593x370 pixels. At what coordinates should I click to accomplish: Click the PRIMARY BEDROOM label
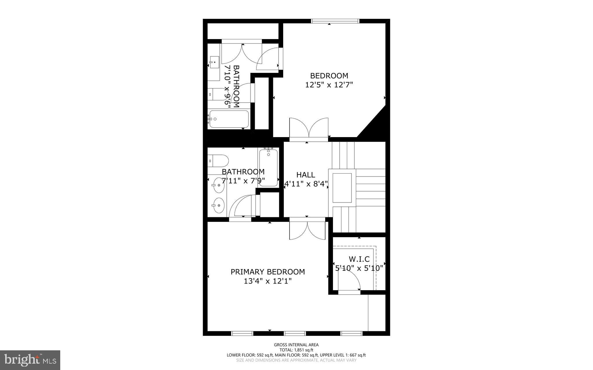[x=268, y=272]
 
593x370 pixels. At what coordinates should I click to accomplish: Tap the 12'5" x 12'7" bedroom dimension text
[x=329, y=85]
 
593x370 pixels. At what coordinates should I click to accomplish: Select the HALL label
[x=305, y=175]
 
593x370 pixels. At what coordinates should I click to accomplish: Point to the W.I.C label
[x=359, y=259]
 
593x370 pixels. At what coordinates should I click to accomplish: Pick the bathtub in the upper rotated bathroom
[x=229, y=119]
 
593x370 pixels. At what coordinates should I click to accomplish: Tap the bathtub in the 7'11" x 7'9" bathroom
[x=268, y=167]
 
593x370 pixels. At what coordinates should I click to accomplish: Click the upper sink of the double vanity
[x=218, y=184]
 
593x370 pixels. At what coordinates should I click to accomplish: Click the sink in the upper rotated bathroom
[x=215, y=62]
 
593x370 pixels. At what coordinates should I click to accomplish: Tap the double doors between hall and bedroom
[x=309, y=128]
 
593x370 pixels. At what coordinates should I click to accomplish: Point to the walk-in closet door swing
[x=349, y=281]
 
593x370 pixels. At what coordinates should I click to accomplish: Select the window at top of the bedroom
[x=335, y=21]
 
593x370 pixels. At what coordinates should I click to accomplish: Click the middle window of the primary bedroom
[x=295, y=333]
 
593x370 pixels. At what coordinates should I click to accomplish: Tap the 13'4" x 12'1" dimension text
[x=268, y=281]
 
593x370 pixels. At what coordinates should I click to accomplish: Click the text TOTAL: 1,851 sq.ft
[x=296, y=350]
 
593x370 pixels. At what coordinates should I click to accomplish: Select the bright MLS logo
[x=30, y=360]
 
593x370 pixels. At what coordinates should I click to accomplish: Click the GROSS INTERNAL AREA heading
[x=296, y=345]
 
